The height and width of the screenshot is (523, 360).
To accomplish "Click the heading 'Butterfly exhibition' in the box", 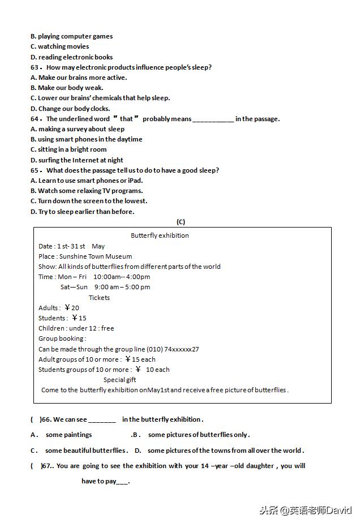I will [x=160, y=235].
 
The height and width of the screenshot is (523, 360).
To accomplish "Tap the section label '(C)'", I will [x=181, y=222].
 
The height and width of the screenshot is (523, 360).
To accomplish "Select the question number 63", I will [x=35, y=67].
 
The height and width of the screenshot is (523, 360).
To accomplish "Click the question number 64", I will [x=35, y=119].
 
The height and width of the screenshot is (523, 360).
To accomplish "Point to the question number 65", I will [x=35, y=170].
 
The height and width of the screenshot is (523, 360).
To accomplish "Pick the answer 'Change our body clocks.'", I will [x=74, y=109].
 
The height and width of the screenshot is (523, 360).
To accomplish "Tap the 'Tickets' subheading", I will [x=99, y=298].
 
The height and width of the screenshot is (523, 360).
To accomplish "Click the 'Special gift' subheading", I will [x=119, y=380].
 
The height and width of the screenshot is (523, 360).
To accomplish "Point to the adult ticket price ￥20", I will [x=72, y=308].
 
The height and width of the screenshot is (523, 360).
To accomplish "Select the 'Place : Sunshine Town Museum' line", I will [x=85, y=256].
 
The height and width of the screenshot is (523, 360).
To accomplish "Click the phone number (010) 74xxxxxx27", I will [x=173, y=349].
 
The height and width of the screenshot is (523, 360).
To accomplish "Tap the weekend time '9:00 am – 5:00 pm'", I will [x=122, y=287].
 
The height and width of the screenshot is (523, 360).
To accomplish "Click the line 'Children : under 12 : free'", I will [x=76, y=328].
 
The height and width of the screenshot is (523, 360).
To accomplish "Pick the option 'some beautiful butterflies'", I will [x=85, y=451].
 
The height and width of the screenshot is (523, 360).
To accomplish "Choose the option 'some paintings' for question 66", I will [x=68, y=435].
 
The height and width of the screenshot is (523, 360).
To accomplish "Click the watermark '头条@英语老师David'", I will [x=306, y=509].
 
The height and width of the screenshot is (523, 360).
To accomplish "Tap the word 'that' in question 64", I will [x=126, y=119].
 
